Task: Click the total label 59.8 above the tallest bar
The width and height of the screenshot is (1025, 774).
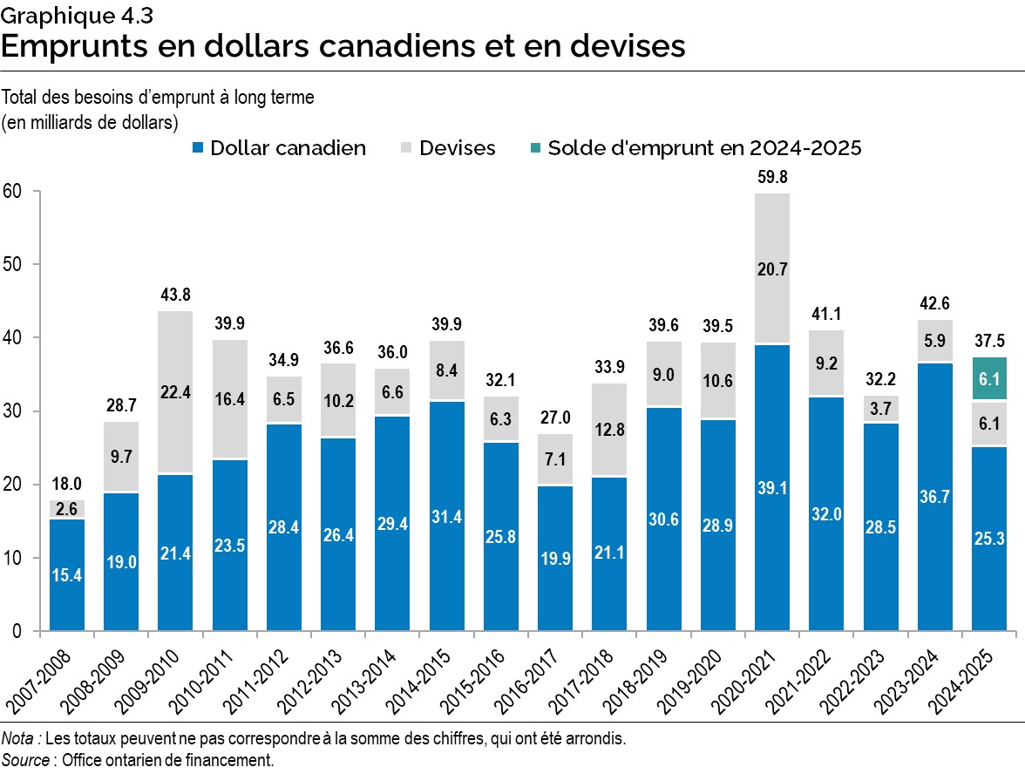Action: point(771,177)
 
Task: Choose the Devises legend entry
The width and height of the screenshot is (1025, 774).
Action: point(457,149)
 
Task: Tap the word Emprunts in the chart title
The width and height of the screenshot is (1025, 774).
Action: point(66,45)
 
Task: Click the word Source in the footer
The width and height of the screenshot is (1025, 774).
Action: point(25,760)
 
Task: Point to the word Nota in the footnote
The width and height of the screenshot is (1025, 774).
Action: point(18,739)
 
